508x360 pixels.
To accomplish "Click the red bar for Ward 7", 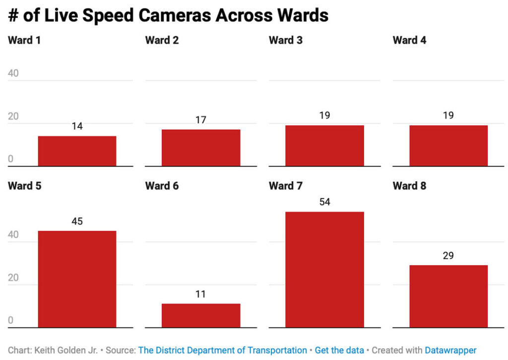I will tap(324, 270).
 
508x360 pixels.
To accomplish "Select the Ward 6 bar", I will tap(200, 315).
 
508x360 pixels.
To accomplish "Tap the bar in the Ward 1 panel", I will tap(77, 151).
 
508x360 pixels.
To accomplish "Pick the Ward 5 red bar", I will tap(77, 279).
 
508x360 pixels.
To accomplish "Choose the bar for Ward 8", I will tap(448, 296).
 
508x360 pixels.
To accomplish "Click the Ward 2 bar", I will tap(200, 147).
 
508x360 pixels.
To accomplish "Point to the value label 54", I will tap(324, 202).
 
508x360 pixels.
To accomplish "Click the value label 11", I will tap(200, 294).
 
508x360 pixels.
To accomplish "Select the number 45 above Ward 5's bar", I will tap(77, 221).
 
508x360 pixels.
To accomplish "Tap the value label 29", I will tap(448, 256).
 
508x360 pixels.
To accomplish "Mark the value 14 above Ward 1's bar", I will tap(77, 126).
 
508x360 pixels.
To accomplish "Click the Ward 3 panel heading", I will tap(285, 40).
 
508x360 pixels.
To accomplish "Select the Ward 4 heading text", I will tap(409, 40).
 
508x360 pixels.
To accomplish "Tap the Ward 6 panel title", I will tap(162, 186).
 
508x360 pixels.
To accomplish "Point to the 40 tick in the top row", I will tap(13, 73).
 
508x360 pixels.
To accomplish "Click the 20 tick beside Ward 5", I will tap(13, 278).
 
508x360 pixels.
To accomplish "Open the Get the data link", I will tap(339, 350).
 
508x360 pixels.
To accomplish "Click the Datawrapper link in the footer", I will tap(450, 350).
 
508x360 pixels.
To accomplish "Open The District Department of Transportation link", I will tap(222, 350).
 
